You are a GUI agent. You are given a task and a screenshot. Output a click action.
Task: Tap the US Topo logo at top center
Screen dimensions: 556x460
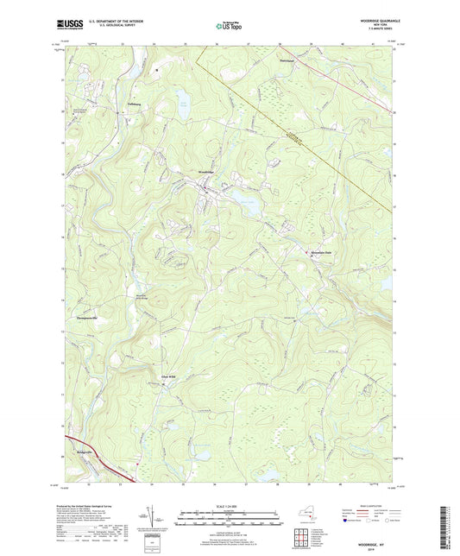(228, 27)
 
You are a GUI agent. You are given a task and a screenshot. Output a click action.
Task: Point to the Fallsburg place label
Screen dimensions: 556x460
(111, 107)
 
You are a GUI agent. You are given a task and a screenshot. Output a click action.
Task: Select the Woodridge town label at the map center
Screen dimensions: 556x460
(198, 173)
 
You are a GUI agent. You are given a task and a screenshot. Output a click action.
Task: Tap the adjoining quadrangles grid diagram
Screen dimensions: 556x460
(306, 538)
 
